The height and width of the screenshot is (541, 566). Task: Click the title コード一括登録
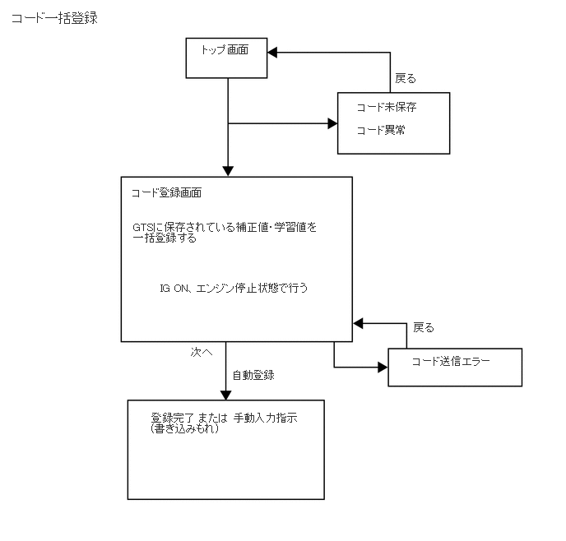click(x=54, y=18)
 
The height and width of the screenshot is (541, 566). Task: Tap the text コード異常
click(x=380, y=130)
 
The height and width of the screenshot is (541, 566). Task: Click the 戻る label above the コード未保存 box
click(x=406, y=79)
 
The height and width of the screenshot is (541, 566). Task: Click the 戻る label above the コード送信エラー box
click(x=423, y=327)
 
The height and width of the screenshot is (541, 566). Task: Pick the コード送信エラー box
click(x=454, y=367)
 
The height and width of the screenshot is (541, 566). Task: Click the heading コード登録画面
click(x=167, y=194)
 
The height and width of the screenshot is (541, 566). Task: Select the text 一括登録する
click(x=164, y=238)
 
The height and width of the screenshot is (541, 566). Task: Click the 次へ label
click(x=202, y=351)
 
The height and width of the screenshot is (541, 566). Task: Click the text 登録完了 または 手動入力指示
click(x=224, y=418)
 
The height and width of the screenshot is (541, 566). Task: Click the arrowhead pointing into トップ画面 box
click(x=272, y=52)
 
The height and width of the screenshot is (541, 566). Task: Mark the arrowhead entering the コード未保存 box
click(x=333, y=124)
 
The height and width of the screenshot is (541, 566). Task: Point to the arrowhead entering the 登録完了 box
click(x=227, y=394)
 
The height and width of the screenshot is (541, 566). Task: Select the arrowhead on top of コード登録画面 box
click(x=228, y=171)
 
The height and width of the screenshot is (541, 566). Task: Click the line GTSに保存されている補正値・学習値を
click(x=225, y=227)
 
